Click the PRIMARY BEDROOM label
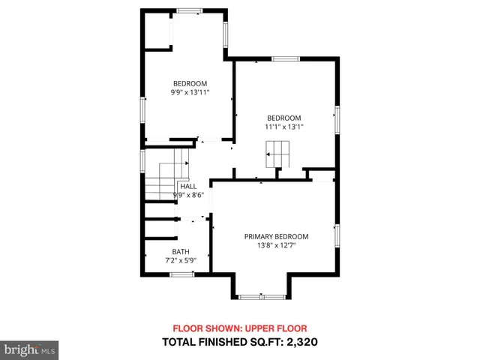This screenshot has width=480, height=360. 276,236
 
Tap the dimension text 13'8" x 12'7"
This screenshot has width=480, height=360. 276,245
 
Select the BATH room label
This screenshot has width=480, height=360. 180,252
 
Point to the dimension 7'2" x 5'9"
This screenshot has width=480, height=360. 180,260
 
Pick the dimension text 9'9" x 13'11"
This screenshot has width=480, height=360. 190,92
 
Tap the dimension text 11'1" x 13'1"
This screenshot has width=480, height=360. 284,127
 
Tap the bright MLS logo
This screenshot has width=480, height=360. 29,349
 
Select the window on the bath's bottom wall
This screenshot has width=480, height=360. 181,274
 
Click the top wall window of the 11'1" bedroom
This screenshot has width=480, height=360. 286,58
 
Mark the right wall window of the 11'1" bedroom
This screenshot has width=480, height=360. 337,120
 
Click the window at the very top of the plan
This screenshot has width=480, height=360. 189,10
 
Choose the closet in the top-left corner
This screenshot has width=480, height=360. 155,30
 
